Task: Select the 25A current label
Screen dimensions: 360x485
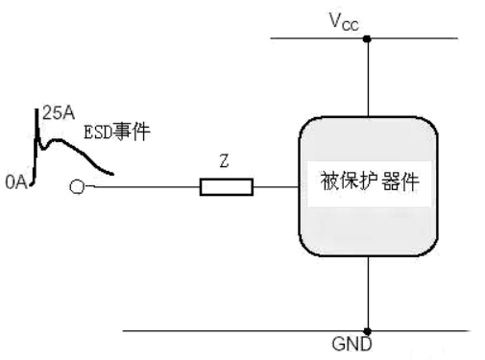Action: (55, 113)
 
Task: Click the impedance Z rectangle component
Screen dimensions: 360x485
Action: (226, 186)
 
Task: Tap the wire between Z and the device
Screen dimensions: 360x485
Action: (276, 186)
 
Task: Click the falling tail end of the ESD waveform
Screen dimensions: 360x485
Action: (113, 174)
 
